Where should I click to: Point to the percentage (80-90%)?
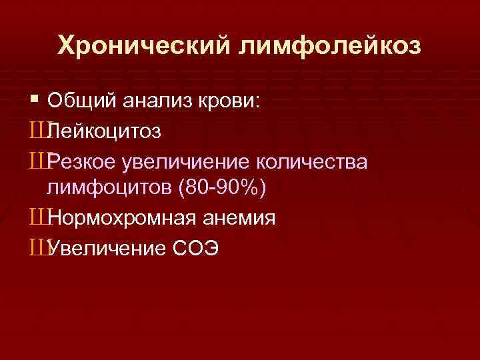(223, 189)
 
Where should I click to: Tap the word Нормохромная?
(121, 218)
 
